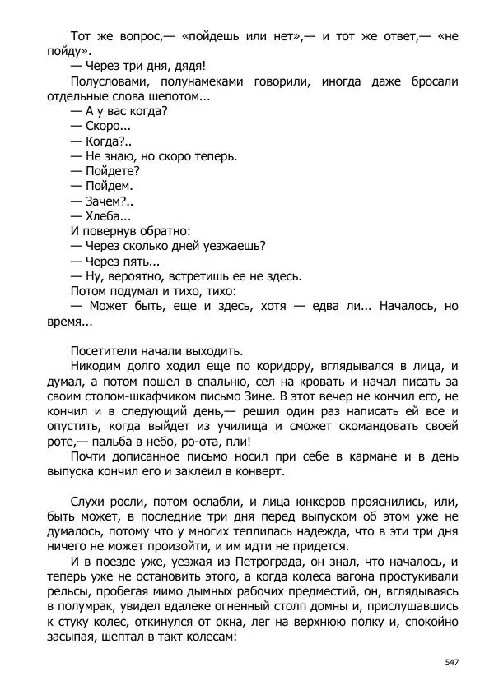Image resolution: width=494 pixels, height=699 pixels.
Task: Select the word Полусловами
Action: tap(109, 81)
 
